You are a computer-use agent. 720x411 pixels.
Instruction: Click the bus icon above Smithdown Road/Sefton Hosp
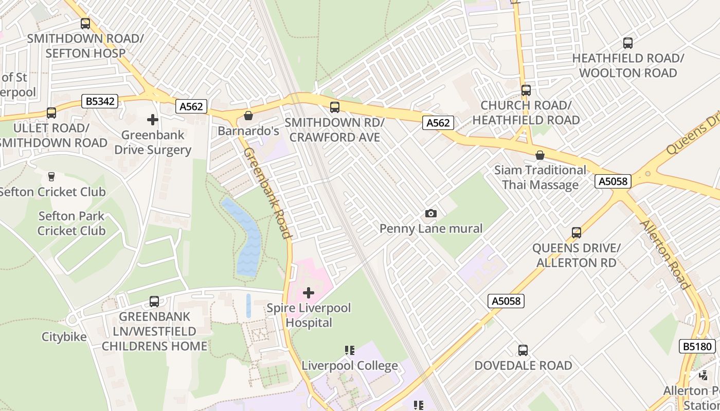tap(85, 24)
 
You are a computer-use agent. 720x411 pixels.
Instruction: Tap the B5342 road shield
tap(100, 101)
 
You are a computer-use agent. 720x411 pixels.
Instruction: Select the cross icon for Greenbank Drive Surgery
tap(153, 120)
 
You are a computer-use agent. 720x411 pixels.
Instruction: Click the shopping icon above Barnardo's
tap(248, 116)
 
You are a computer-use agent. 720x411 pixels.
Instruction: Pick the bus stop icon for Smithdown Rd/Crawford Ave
tap(335, 107)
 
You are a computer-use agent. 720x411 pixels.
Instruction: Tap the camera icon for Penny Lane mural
tap(431, 213)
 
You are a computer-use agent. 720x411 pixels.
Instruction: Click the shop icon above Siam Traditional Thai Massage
tap(540, 155)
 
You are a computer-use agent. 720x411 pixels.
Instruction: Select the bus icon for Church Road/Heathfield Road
tap(526, 90)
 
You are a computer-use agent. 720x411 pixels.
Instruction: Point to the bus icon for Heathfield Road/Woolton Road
tap(628, 43)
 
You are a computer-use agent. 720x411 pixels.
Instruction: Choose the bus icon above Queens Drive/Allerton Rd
tap(577, 233)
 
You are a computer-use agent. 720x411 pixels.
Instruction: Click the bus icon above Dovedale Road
tap(523, 350)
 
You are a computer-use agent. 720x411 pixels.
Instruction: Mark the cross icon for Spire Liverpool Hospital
tap(309, 293)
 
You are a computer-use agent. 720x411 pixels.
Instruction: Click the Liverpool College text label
tap(350, 366)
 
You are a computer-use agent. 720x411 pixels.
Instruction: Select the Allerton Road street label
tap(664, 255)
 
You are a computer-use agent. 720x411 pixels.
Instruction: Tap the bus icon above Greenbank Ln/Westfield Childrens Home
tap(154, 302)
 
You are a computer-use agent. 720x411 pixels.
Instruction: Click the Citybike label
tap(64, 337)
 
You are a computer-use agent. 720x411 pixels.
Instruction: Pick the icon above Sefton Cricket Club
tap(51, 177)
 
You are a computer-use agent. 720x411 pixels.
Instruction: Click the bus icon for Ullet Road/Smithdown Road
tap(51, 113)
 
